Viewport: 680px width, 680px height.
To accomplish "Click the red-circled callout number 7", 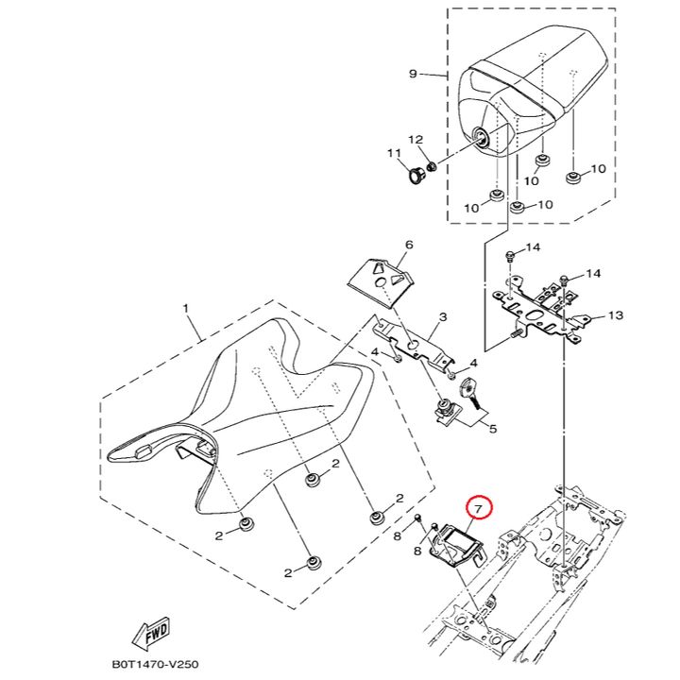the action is click(478, 509).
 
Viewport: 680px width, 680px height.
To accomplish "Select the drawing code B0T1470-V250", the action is click(155, 664).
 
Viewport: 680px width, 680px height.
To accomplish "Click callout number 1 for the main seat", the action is click(186, 309).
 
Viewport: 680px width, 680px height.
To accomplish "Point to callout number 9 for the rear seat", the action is click(413, 74).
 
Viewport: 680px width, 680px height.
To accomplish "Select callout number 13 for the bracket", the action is click(616, 315).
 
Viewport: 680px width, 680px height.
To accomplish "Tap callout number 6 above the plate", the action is click(409, 245).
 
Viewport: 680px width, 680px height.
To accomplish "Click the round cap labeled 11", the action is click(417, 176).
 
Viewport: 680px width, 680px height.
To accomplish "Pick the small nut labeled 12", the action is click(432, 165).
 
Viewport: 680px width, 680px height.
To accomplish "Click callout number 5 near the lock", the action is click(492, 429).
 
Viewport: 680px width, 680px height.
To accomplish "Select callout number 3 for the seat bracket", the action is click(442, 317).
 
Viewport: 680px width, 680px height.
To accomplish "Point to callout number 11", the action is click(394, 154).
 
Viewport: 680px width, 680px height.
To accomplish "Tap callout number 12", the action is click(416, 140).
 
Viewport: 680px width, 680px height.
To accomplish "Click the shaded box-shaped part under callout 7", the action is click(455, 546).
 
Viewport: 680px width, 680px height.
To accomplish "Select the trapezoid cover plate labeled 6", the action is click(381, 282).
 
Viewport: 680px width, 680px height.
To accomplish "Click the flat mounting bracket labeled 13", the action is click(541, 311).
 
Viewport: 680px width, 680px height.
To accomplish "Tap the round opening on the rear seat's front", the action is click(481, 137).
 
